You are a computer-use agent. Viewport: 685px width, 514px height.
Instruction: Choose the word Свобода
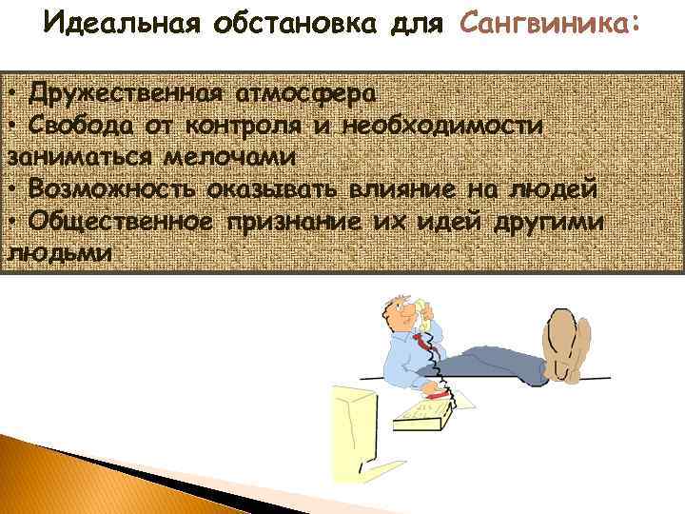[81, 126]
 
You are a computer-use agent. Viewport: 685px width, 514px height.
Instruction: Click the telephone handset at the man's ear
[422, 320]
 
